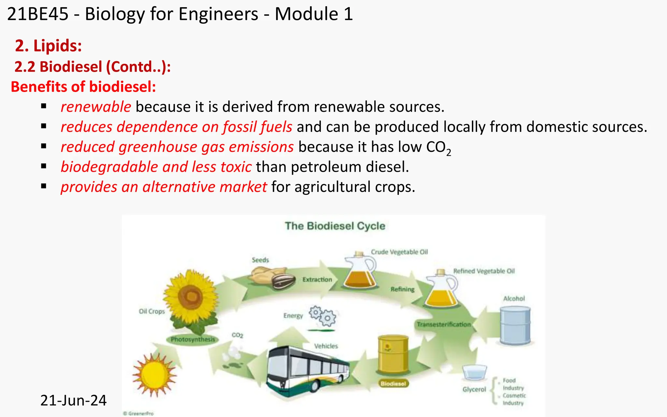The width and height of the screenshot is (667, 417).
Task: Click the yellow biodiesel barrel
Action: tap(393, 355)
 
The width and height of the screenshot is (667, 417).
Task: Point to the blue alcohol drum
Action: tap(515, 326)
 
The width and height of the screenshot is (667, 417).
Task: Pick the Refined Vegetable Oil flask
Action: tap(441, 290)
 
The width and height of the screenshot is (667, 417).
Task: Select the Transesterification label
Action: tap(444, 324)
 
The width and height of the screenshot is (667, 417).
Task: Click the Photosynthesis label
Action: tap(193, 339)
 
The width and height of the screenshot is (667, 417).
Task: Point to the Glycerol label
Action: tap(474, 390)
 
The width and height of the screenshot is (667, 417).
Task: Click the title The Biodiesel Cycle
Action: tap(335, 226)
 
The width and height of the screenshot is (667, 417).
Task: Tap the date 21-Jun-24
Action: tap(73, 400)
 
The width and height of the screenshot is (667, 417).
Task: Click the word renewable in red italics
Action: tap(96, 107)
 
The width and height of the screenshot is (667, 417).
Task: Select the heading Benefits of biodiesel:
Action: tap(83, 87)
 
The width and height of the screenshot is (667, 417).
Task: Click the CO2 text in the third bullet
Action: tap(438, 148)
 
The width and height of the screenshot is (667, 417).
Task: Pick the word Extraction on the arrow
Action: tap(317, 280)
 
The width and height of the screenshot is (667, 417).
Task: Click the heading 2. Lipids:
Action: tap(48, 46)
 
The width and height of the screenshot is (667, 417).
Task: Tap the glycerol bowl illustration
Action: tap(475, 372)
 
